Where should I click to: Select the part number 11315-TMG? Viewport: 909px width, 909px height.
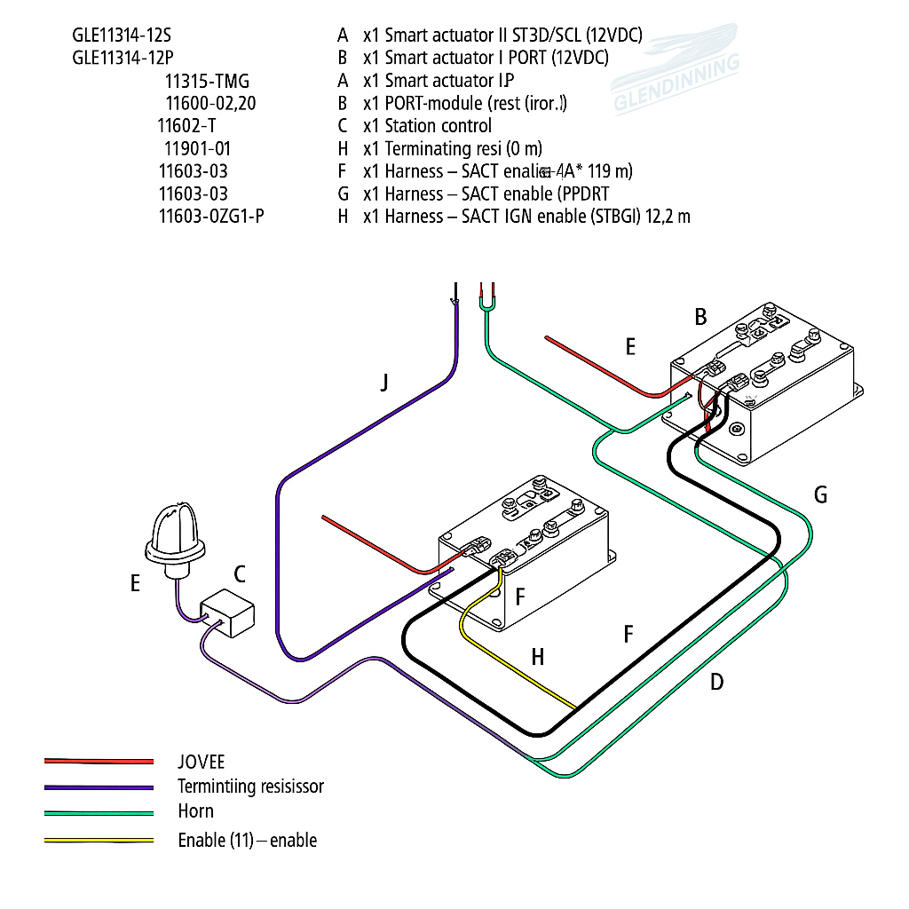[x=207, y=82]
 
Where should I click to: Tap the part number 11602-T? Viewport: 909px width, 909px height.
[x=186, y=126]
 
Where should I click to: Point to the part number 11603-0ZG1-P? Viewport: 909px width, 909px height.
[x=210, y=217]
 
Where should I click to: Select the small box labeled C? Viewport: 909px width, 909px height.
[x=227, y=613]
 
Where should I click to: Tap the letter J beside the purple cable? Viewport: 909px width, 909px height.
[x=384, y=383]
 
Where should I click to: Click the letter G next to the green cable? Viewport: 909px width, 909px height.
[x=820, y=494]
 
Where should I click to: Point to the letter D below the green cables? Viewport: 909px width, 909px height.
[x=716, y=682]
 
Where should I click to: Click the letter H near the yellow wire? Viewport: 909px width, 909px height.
[x=537, y=657]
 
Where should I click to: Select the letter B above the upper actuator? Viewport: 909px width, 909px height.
[x=700, y=317]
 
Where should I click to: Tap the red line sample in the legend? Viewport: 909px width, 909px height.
[x=99, y=762]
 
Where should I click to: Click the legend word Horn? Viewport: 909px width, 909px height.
[x=195, y=811]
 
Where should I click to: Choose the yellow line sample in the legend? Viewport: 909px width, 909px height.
[x=99, y=840]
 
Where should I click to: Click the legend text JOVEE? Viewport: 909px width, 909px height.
[x=201, y=762]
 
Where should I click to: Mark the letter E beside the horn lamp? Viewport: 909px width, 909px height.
[x=135, y=583]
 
